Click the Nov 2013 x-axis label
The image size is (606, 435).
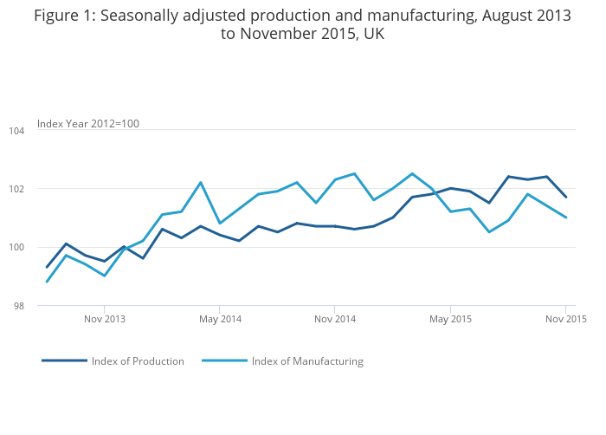(x=104, y=319)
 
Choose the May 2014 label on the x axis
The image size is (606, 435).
(x=220, y=319)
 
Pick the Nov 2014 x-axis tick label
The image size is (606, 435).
(x=335, y=319)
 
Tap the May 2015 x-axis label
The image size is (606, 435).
(x=450, y=319)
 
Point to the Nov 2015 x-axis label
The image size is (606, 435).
(x=566, y=319)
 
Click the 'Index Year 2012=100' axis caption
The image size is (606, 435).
(x=88, y=124)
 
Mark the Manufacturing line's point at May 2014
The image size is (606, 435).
(x=220, y=224)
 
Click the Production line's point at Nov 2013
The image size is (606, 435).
(x=104, y=261)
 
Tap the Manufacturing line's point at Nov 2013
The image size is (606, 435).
(x=104, y=276)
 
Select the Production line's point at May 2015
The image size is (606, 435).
(x=450, y=188)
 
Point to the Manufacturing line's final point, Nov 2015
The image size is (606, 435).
(x=566, y=217)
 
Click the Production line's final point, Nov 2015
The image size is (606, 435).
(x=566, y=197)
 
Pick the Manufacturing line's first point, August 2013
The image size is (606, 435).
(x=47, y=282)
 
